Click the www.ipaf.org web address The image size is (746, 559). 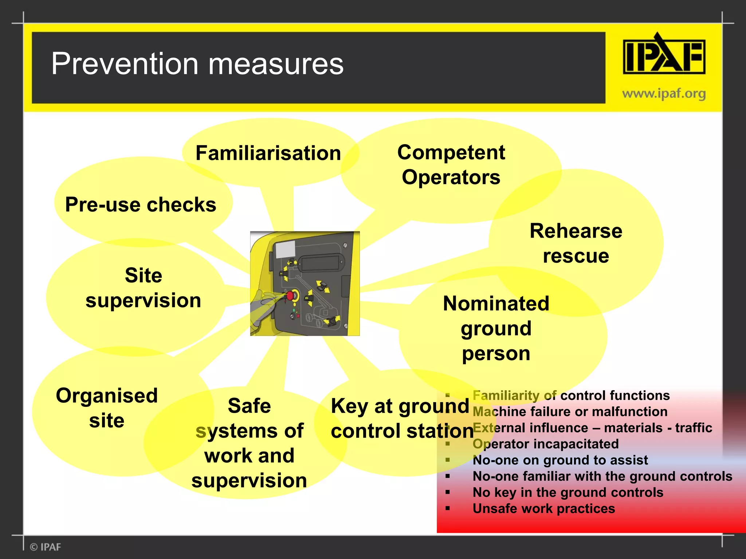664,94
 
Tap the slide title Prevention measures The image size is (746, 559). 197,64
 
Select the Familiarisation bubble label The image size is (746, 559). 268,153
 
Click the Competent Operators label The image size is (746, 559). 451,165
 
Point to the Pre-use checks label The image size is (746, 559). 141,205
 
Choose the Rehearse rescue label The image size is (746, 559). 576,243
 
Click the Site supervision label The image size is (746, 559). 143,288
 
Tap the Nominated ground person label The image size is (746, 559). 496,328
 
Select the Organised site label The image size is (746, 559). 107,408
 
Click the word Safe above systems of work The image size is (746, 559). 249,406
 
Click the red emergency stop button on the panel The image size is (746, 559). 290,295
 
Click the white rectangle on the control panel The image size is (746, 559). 285,250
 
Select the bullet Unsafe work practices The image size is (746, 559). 543,508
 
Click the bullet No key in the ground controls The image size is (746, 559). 568,492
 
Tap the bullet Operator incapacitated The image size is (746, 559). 545,444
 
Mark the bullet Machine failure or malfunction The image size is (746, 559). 570,412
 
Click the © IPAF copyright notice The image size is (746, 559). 46,547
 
